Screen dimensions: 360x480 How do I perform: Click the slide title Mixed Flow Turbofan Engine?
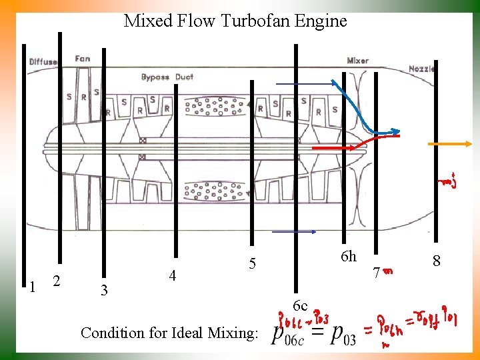coord(235,21)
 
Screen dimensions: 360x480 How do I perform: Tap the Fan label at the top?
coord(83,59)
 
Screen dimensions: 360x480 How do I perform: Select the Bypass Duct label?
coord(167,77)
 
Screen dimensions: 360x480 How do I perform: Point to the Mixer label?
coord(357,61)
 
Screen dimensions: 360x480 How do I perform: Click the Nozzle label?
coord(421,69)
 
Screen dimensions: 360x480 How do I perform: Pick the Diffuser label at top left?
coord(43,62)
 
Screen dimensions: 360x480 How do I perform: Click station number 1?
coord(32,286)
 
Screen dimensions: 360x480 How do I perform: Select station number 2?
coord(57,282)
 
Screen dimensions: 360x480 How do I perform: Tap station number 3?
coord(103,291)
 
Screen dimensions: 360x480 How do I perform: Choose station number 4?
coord(173,275)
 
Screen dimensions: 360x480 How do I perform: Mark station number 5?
coord(252,264)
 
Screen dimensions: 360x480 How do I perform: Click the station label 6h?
coord(348,257)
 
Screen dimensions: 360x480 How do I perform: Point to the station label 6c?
coord(299,306)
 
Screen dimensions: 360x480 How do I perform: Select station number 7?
coord(377,273)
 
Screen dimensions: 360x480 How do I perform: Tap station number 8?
coord(437,260)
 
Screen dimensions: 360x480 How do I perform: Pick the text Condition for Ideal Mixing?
coord(169,332)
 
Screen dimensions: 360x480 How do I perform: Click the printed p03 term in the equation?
coord(341,335)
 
